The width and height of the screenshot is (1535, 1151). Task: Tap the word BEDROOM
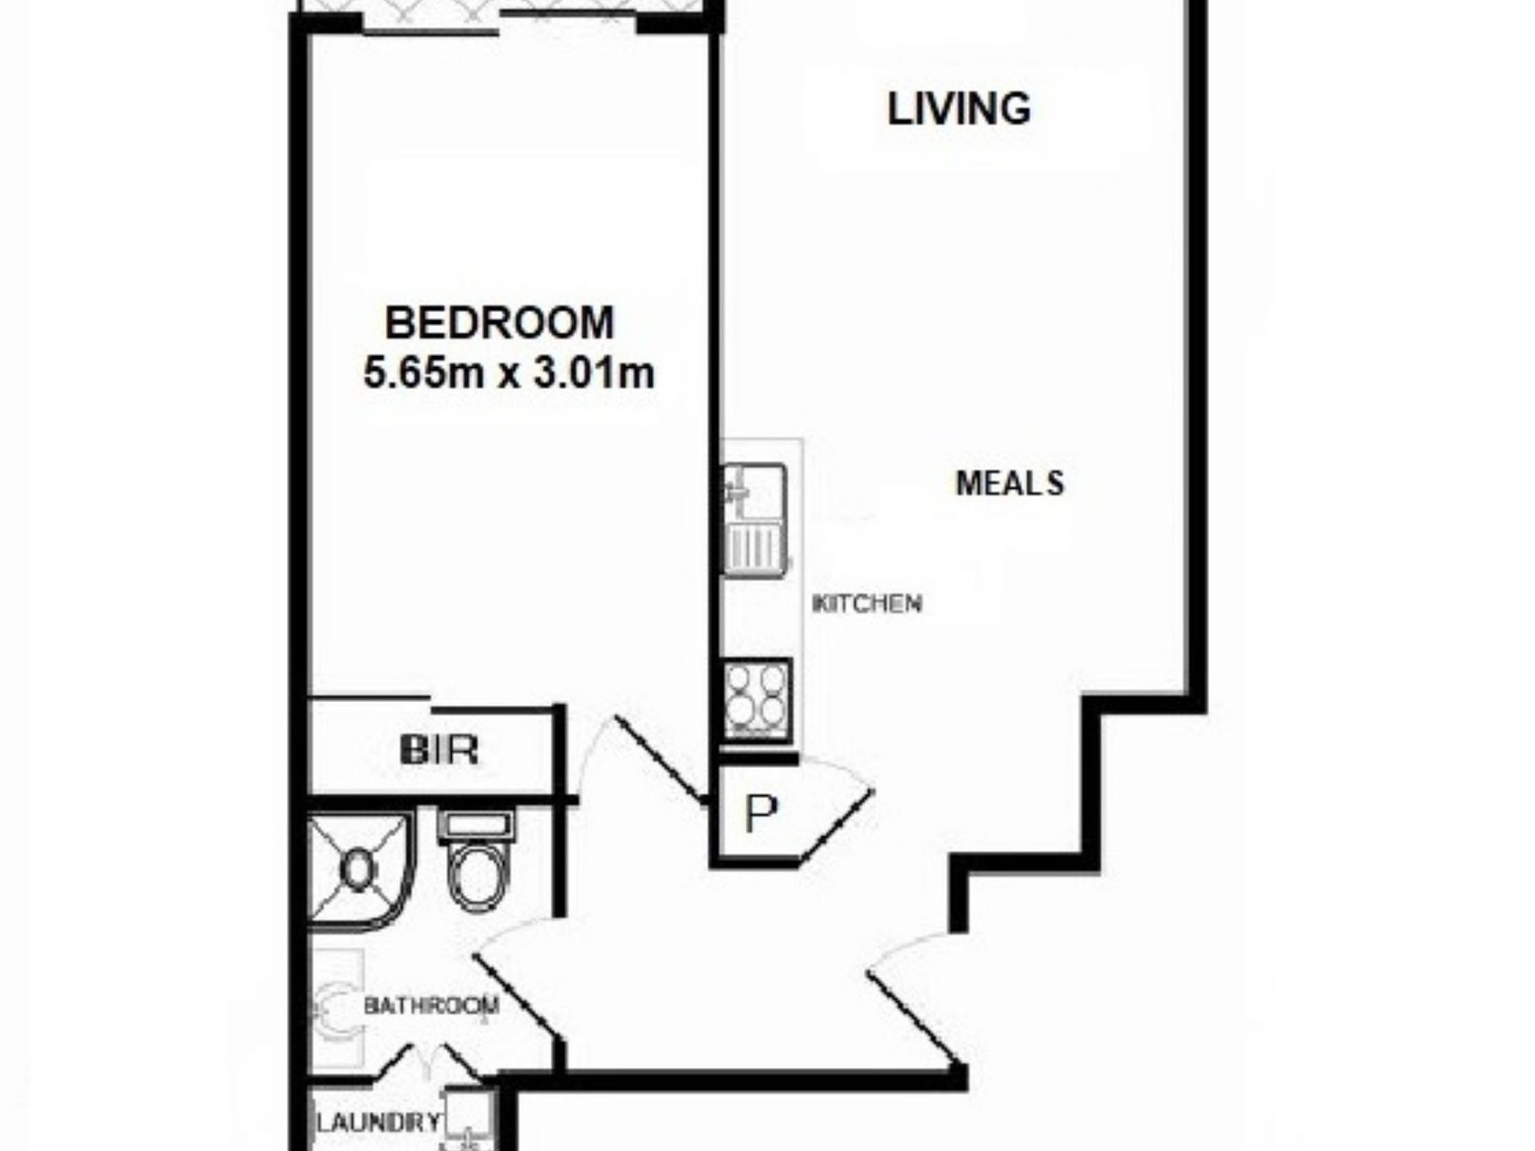[x=499, y=322]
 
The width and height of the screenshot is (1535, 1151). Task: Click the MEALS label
[x=1010, y=484]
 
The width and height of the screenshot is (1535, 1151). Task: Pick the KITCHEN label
[x=866, y=603]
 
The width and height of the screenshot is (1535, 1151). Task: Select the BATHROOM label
[x=431, y=1006]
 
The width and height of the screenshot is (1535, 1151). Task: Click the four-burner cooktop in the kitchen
[x=756, y=699]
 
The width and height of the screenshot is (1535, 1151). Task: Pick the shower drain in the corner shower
[x=358, y=869]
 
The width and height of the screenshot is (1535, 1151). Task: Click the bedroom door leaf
[x=659, y=759]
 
